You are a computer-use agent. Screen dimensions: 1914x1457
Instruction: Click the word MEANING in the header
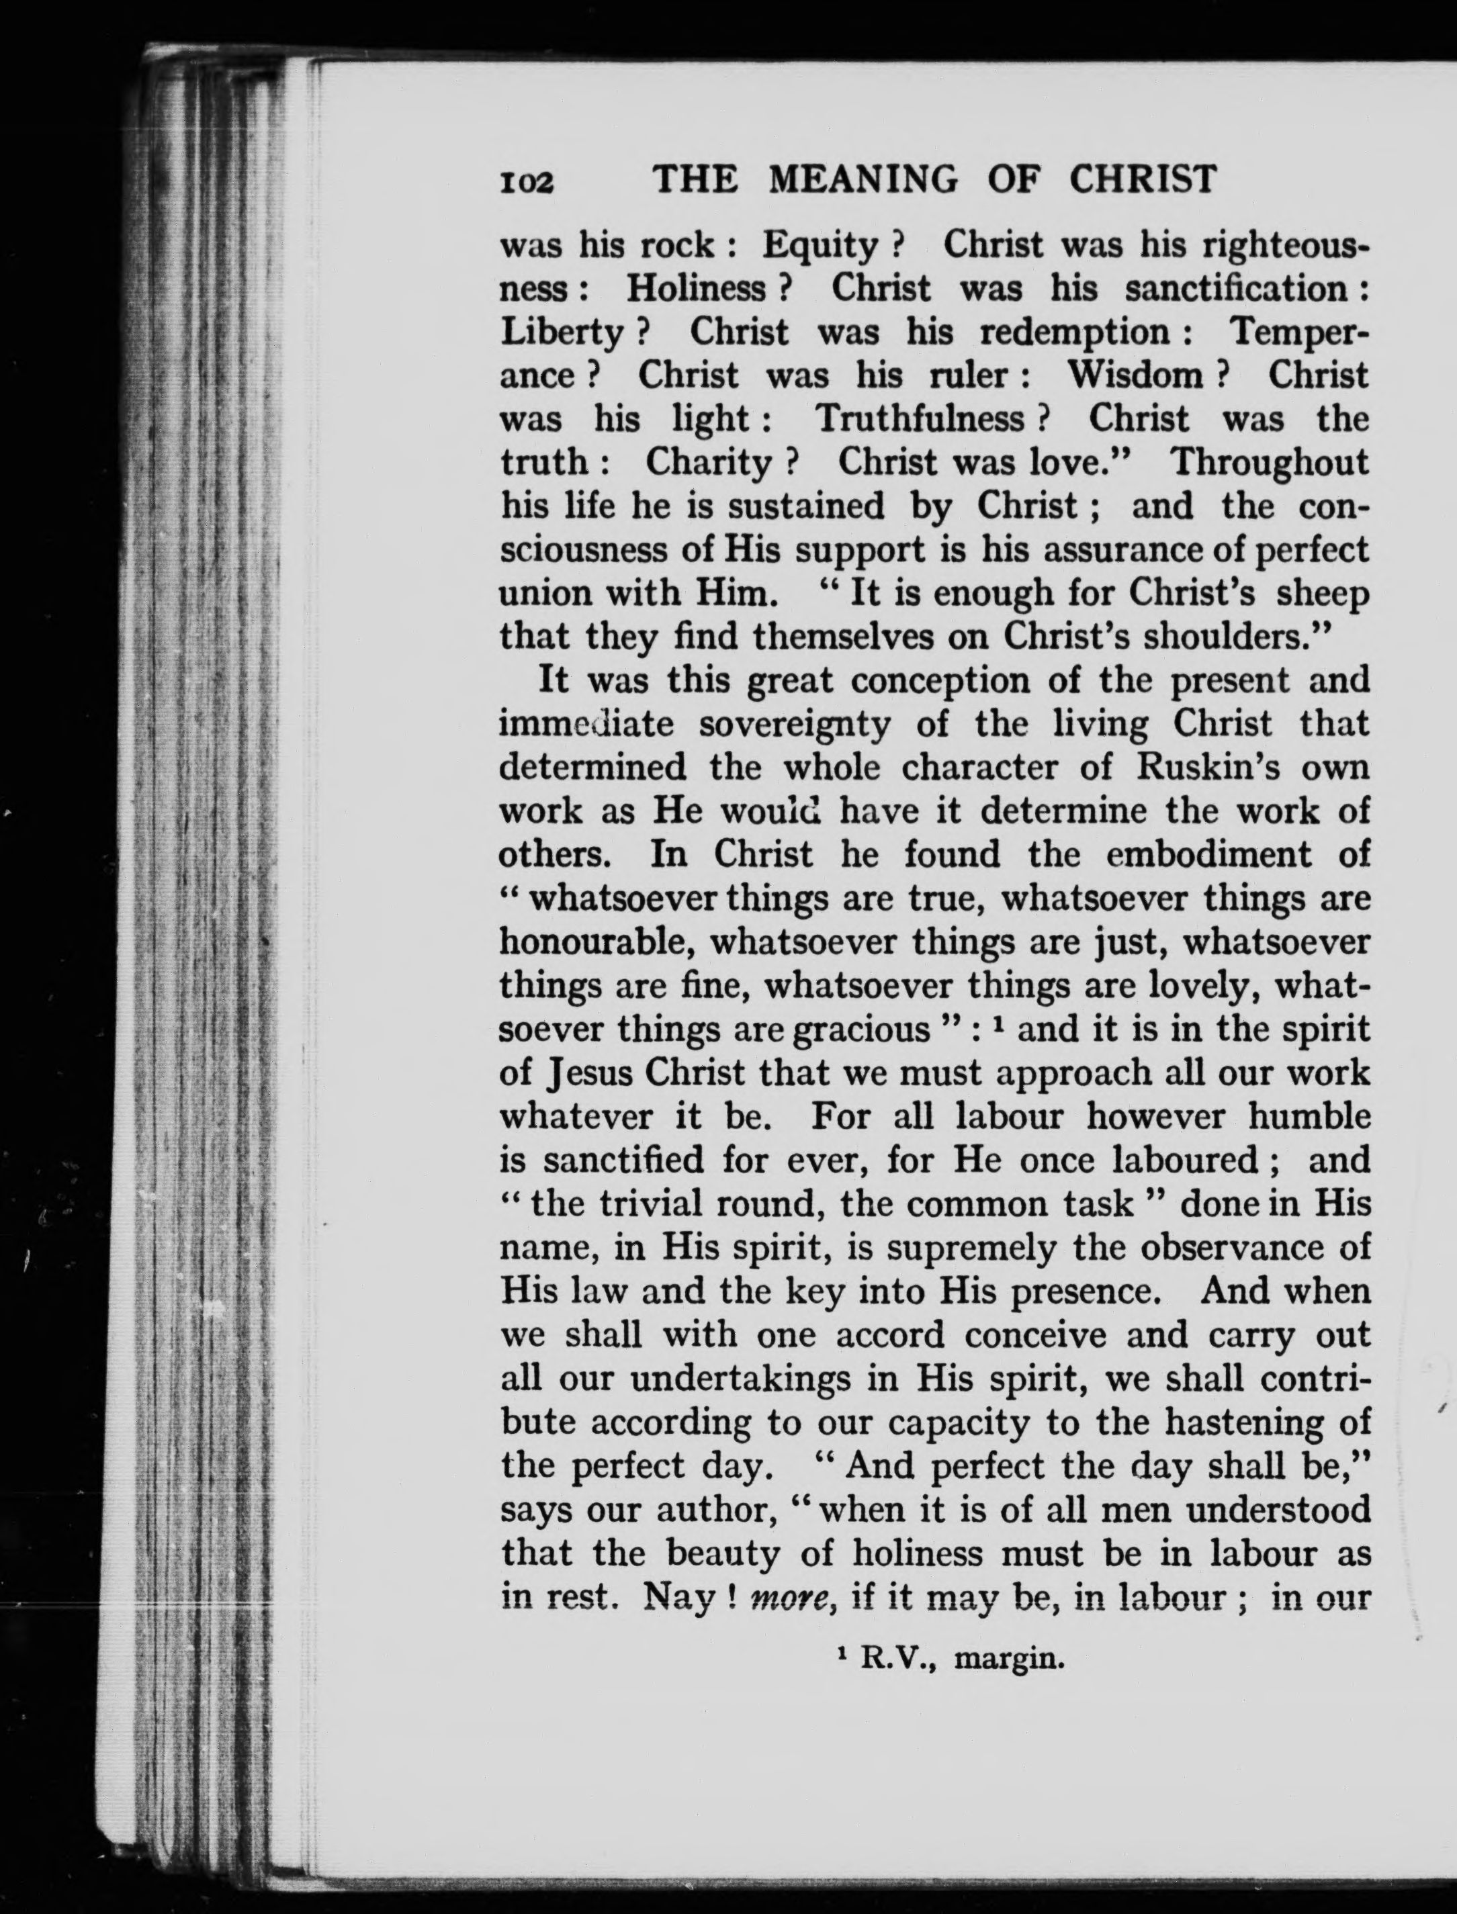864,179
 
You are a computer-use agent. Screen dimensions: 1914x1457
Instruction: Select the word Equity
820,247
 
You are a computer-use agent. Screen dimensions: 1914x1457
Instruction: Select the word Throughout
1270,462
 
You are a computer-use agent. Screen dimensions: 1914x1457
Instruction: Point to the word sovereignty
795,724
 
